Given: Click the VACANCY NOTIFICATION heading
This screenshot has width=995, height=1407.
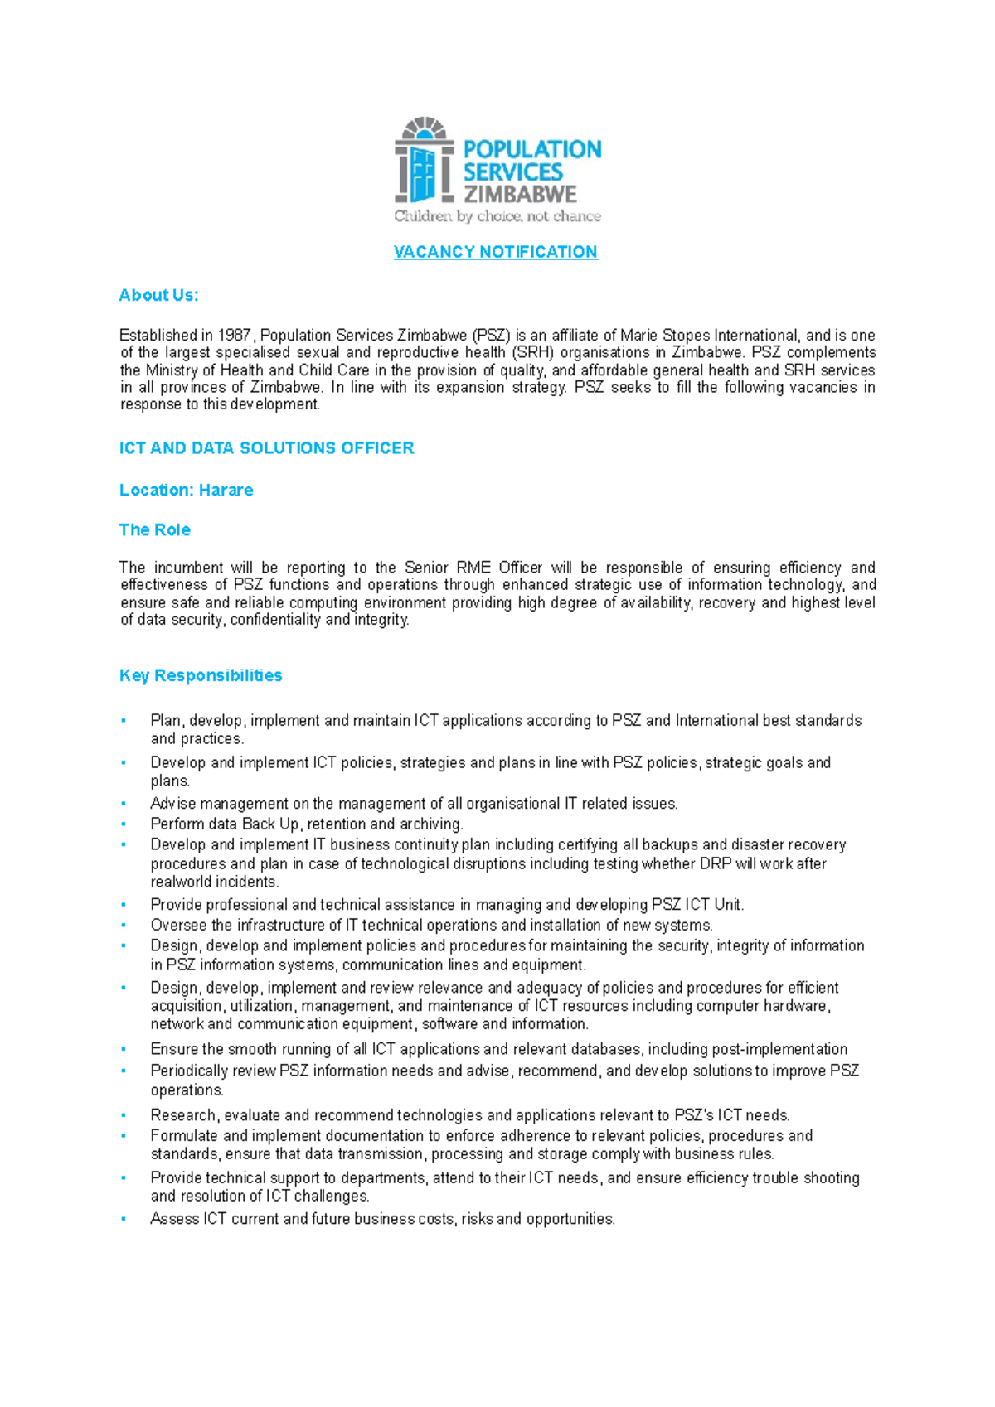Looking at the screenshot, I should (x=495, y=252).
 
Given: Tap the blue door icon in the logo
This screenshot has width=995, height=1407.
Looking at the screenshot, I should (x=424, y=173).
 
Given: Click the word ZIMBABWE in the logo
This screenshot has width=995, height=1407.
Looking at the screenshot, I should (x=520, y=195).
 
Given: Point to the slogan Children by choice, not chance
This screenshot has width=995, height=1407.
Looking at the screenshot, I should (x=498, y=216).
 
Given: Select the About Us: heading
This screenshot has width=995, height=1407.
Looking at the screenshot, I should (x=158, y=295).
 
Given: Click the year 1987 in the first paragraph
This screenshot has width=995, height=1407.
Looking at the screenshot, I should (x=234, y=336).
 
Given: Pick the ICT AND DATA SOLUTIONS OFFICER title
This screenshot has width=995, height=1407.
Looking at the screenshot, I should (x=266, y=448).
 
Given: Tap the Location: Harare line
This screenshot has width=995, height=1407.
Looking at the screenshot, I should (x=186, y=491).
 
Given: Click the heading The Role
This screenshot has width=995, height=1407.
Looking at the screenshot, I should (x=154, y=530).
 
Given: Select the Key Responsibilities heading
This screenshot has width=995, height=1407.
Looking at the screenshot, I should (x=201, y=675).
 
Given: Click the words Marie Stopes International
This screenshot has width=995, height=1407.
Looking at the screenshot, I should (x=709, y=336).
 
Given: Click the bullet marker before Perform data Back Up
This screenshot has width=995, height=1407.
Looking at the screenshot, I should (x=124, y=824).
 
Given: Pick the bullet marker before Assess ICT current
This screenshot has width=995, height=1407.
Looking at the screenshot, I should (x=124, y=1219).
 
